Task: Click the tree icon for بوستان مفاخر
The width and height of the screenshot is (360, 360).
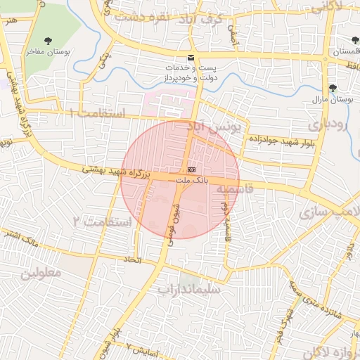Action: [x=48, y=41]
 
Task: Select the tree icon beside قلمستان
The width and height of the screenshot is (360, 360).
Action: [x=355, y=41]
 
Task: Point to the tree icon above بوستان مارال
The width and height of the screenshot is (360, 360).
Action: [x=333, y=89]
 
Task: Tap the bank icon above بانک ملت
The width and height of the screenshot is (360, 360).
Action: [x=191, y=171]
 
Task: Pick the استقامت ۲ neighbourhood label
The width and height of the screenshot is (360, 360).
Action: [x=102, y=222]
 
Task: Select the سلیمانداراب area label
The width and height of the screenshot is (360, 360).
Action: [x=188, y=289]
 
